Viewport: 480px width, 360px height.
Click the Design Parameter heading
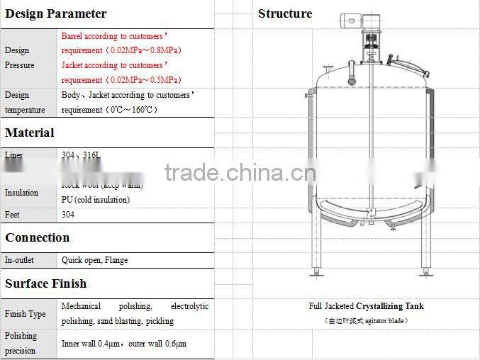(x=56, y=13)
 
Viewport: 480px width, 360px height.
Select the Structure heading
(x=285, y=13)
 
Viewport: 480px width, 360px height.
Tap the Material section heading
(x=30, y=133)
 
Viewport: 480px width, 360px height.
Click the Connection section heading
(x=38, y=237)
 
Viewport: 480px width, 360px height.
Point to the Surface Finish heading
(x=46, y=283)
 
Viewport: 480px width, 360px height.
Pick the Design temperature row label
(x=25, y=102)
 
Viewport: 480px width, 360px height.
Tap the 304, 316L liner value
(x=77, y=154)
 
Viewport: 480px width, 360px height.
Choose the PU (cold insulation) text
(x=96, y=200)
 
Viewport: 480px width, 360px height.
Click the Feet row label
(x=13, y=214)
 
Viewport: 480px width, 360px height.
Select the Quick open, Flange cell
(x=95, y=260)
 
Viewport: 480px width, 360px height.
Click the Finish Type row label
(x=25, y=314)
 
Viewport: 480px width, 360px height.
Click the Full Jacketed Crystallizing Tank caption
(x=366, y=306)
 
